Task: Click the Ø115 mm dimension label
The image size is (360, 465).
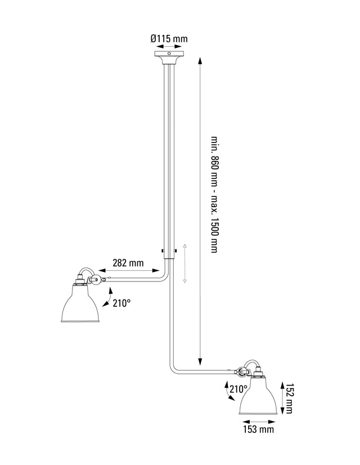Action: point(169,39)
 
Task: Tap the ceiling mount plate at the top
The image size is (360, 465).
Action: point(169,55)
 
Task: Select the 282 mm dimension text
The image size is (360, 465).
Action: point(128,263)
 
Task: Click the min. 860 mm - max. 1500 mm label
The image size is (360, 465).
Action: point(214,194)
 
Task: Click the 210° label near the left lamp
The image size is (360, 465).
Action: point(121,303)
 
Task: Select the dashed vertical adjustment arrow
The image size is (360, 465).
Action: point(185,263)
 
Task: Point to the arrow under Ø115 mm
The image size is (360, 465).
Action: point(169,47)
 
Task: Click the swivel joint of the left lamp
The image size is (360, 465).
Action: point(95,279)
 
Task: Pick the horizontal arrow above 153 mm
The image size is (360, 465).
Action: point(259,419)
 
